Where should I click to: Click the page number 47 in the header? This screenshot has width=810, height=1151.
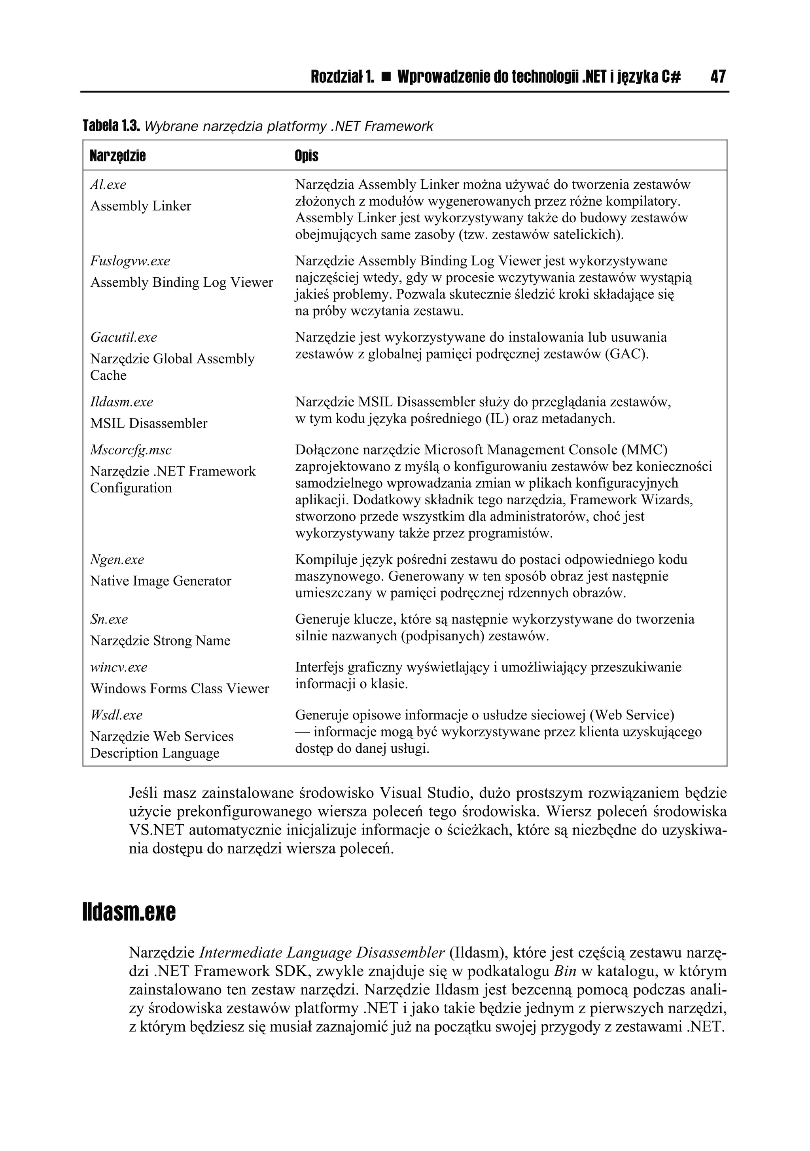717,77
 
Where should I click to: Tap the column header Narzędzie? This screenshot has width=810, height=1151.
118,156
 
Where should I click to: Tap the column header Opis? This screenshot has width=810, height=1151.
306,156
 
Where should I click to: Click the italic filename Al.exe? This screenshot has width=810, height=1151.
108,185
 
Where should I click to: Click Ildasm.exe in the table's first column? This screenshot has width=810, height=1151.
122,402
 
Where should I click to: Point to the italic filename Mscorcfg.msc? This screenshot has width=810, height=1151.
131,450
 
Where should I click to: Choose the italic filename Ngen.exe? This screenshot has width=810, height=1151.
117,559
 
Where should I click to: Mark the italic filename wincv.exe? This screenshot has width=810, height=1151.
119,667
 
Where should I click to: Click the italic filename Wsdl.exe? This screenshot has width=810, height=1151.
116,715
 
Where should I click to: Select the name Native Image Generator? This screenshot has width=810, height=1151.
161,581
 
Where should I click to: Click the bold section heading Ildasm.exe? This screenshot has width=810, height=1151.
129,913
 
